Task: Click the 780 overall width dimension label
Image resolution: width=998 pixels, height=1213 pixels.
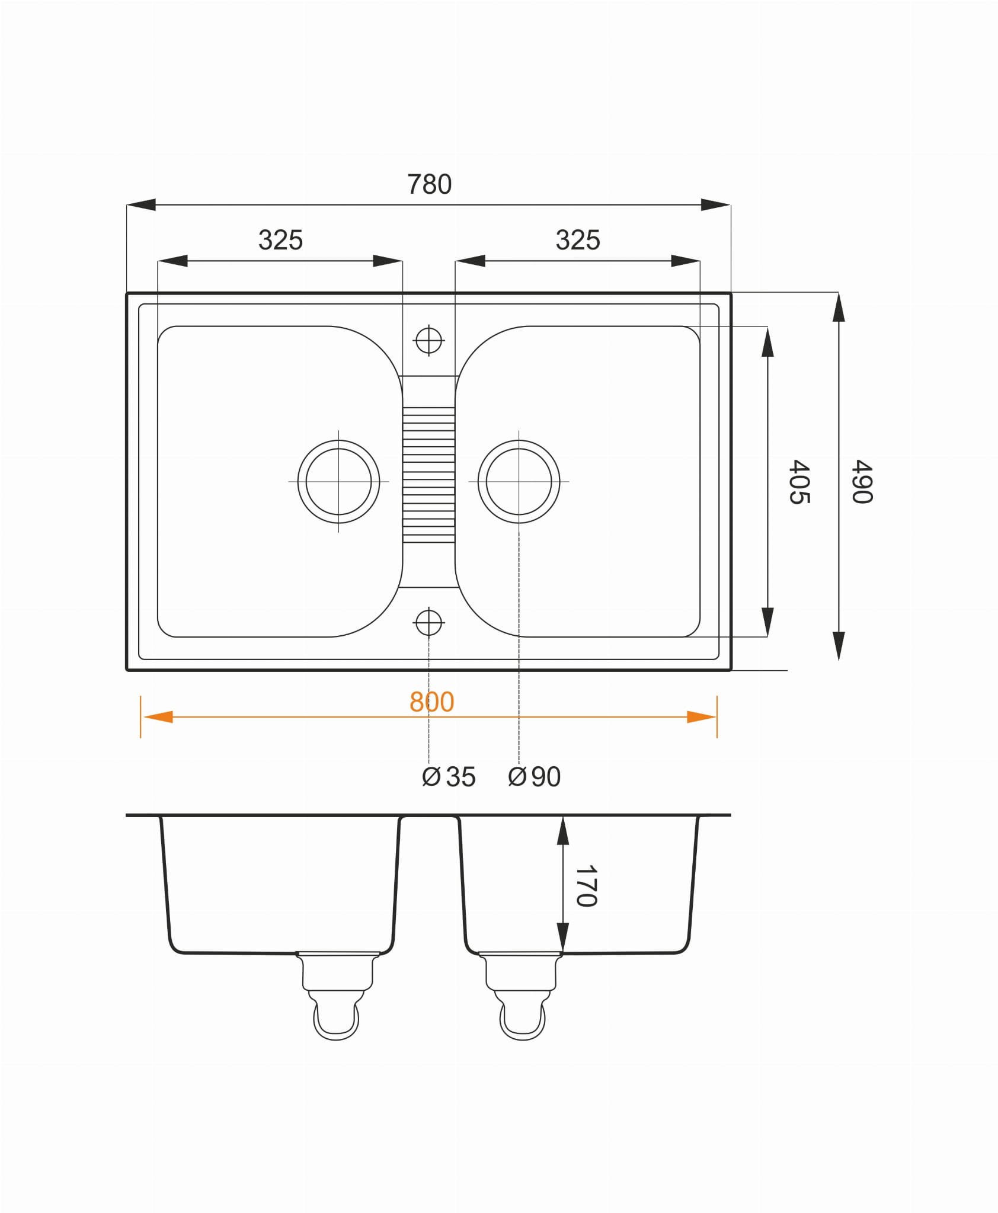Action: tap(429, 184)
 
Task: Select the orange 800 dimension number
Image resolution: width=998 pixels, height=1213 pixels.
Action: tap(432, 702)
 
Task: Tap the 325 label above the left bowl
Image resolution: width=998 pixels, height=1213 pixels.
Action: tap(280, 240)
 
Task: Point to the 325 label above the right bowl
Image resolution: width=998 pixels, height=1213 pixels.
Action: tap(578, 240)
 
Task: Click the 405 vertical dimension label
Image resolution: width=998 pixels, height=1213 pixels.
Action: tap(799, 482)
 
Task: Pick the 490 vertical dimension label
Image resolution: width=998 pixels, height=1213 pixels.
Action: tap(862, 482)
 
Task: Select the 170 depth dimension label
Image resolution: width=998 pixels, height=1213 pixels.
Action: tap(586, 886)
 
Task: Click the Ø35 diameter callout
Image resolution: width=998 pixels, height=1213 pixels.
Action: tap(449, 777)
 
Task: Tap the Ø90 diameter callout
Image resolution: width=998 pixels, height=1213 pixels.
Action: tap(534, 777)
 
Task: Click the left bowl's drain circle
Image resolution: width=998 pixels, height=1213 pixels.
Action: tap(338, 441)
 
